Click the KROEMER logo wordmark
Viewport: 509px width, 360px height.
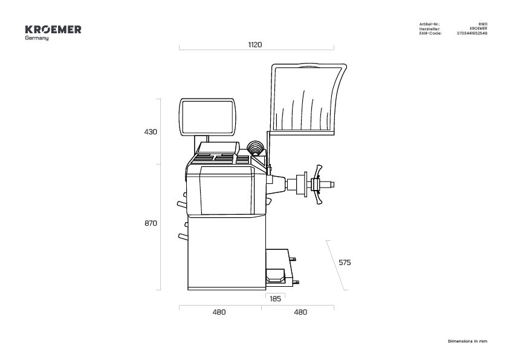(53, 30)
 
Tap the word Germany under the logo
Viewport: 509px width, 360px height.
(37, 38)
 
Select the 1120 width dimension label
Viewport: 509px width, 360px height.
(255, 45)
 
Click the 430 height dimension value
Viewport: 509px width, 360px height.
(151, 131)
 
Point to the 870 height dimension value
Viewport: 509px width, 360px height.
(151, 223)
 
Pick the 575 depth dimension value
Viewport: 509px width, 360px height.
(345, 263)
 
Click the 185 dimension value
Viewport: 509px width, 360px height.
(275, 299)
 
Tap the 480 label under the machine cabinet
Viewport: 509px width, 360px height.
(219, 312)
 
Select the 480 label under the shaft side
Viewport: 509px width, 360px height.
(300, 312)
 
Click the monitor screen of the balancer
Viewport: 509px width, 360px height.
(208, 117)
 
